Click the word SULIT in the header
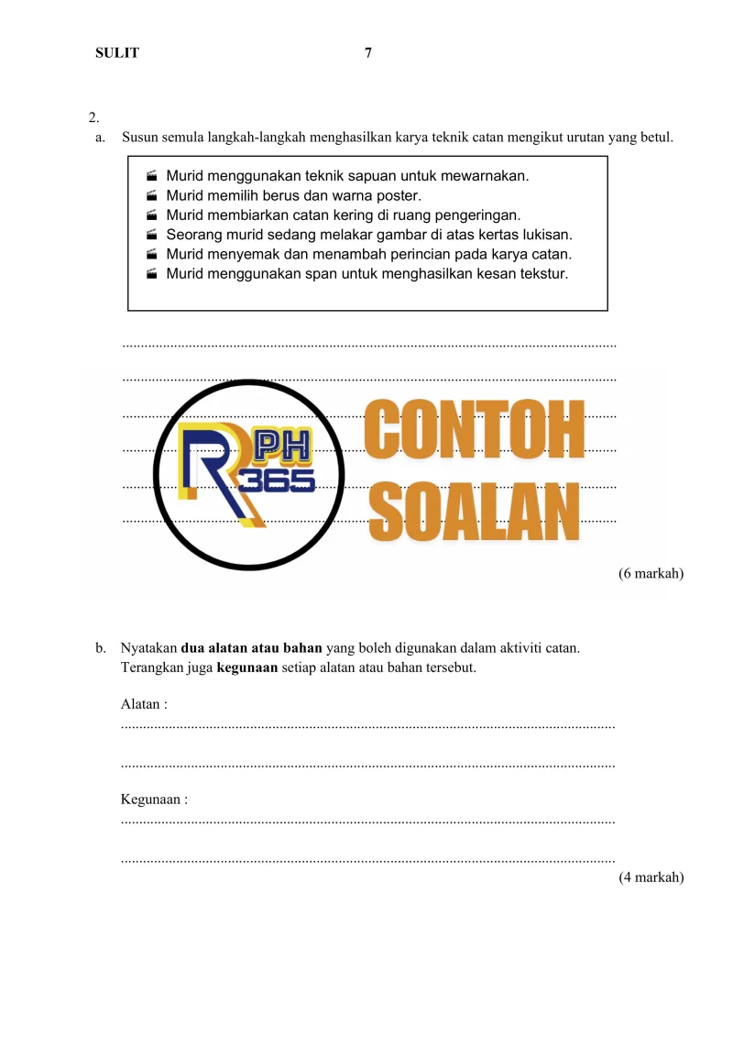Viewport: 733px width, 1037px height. (x=117, y=53)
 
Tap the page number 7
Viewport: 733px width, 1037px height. (x=368, y=53)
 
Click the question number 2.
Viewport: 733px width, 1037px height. (x=93, y=117)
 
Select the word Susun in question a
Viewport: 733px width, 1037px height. (x=138, y=138)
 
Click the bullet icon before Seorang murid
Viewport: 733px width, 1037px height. (x=151, y=235)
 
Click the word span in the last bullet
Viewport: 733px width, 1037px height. (x=312, y=273)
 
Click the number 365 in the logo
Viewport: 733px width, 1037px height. (x=277, y=478)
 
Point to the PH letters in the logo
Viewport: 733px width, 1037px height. (x=281, y=446)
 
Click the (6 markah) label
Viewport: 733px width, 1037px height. (x=651, y=574)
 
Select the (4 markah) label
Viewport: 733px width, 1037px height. (x=651, y=877)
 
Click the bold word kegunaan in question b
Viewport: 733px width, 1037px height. (x=246, y=667)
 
